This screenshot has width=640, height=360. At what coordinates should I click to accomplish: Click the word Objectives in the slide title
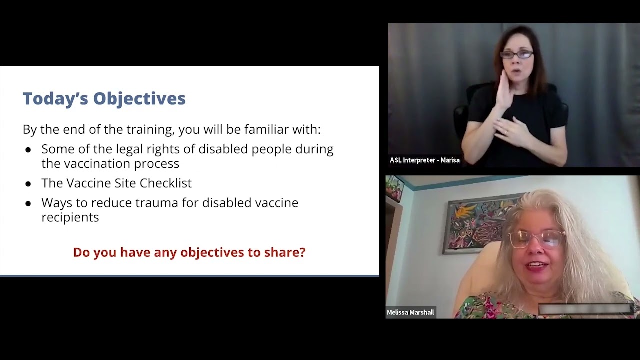click(x=139, y=99)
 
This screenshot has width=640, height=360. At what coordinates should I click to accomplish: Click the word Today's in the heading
click(x=55, y=98)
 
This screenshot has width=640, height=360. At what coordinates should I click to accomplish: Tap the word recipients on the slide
click(x=70, y=218)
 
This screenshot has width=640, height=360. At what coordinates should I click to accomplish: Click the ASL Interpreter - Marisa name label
click(x=425, y=160)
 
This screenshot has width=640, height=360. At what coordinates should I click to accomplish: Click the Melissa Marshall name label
click(x=410, y=312)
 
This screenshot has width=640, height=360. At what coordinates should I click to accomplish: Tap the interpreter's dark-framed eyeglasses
click(x=517, y=54)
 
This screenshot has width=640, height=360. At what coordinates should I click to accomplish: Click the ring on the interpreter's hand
click(x=507, y=132)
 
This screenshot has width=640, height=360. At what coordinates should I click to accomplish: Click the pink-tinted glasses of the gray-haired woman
click(x=536, y=239)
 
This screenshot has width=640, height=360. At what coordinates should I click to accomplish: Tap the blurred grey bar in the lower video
click(x=585, y=309)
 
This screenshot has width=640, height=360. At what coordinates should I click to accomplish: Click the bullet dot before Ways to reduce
click(x=28, y=204)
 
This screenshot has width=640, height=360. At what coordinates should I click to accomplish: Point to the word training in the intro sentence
click(x=150, y=130)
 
